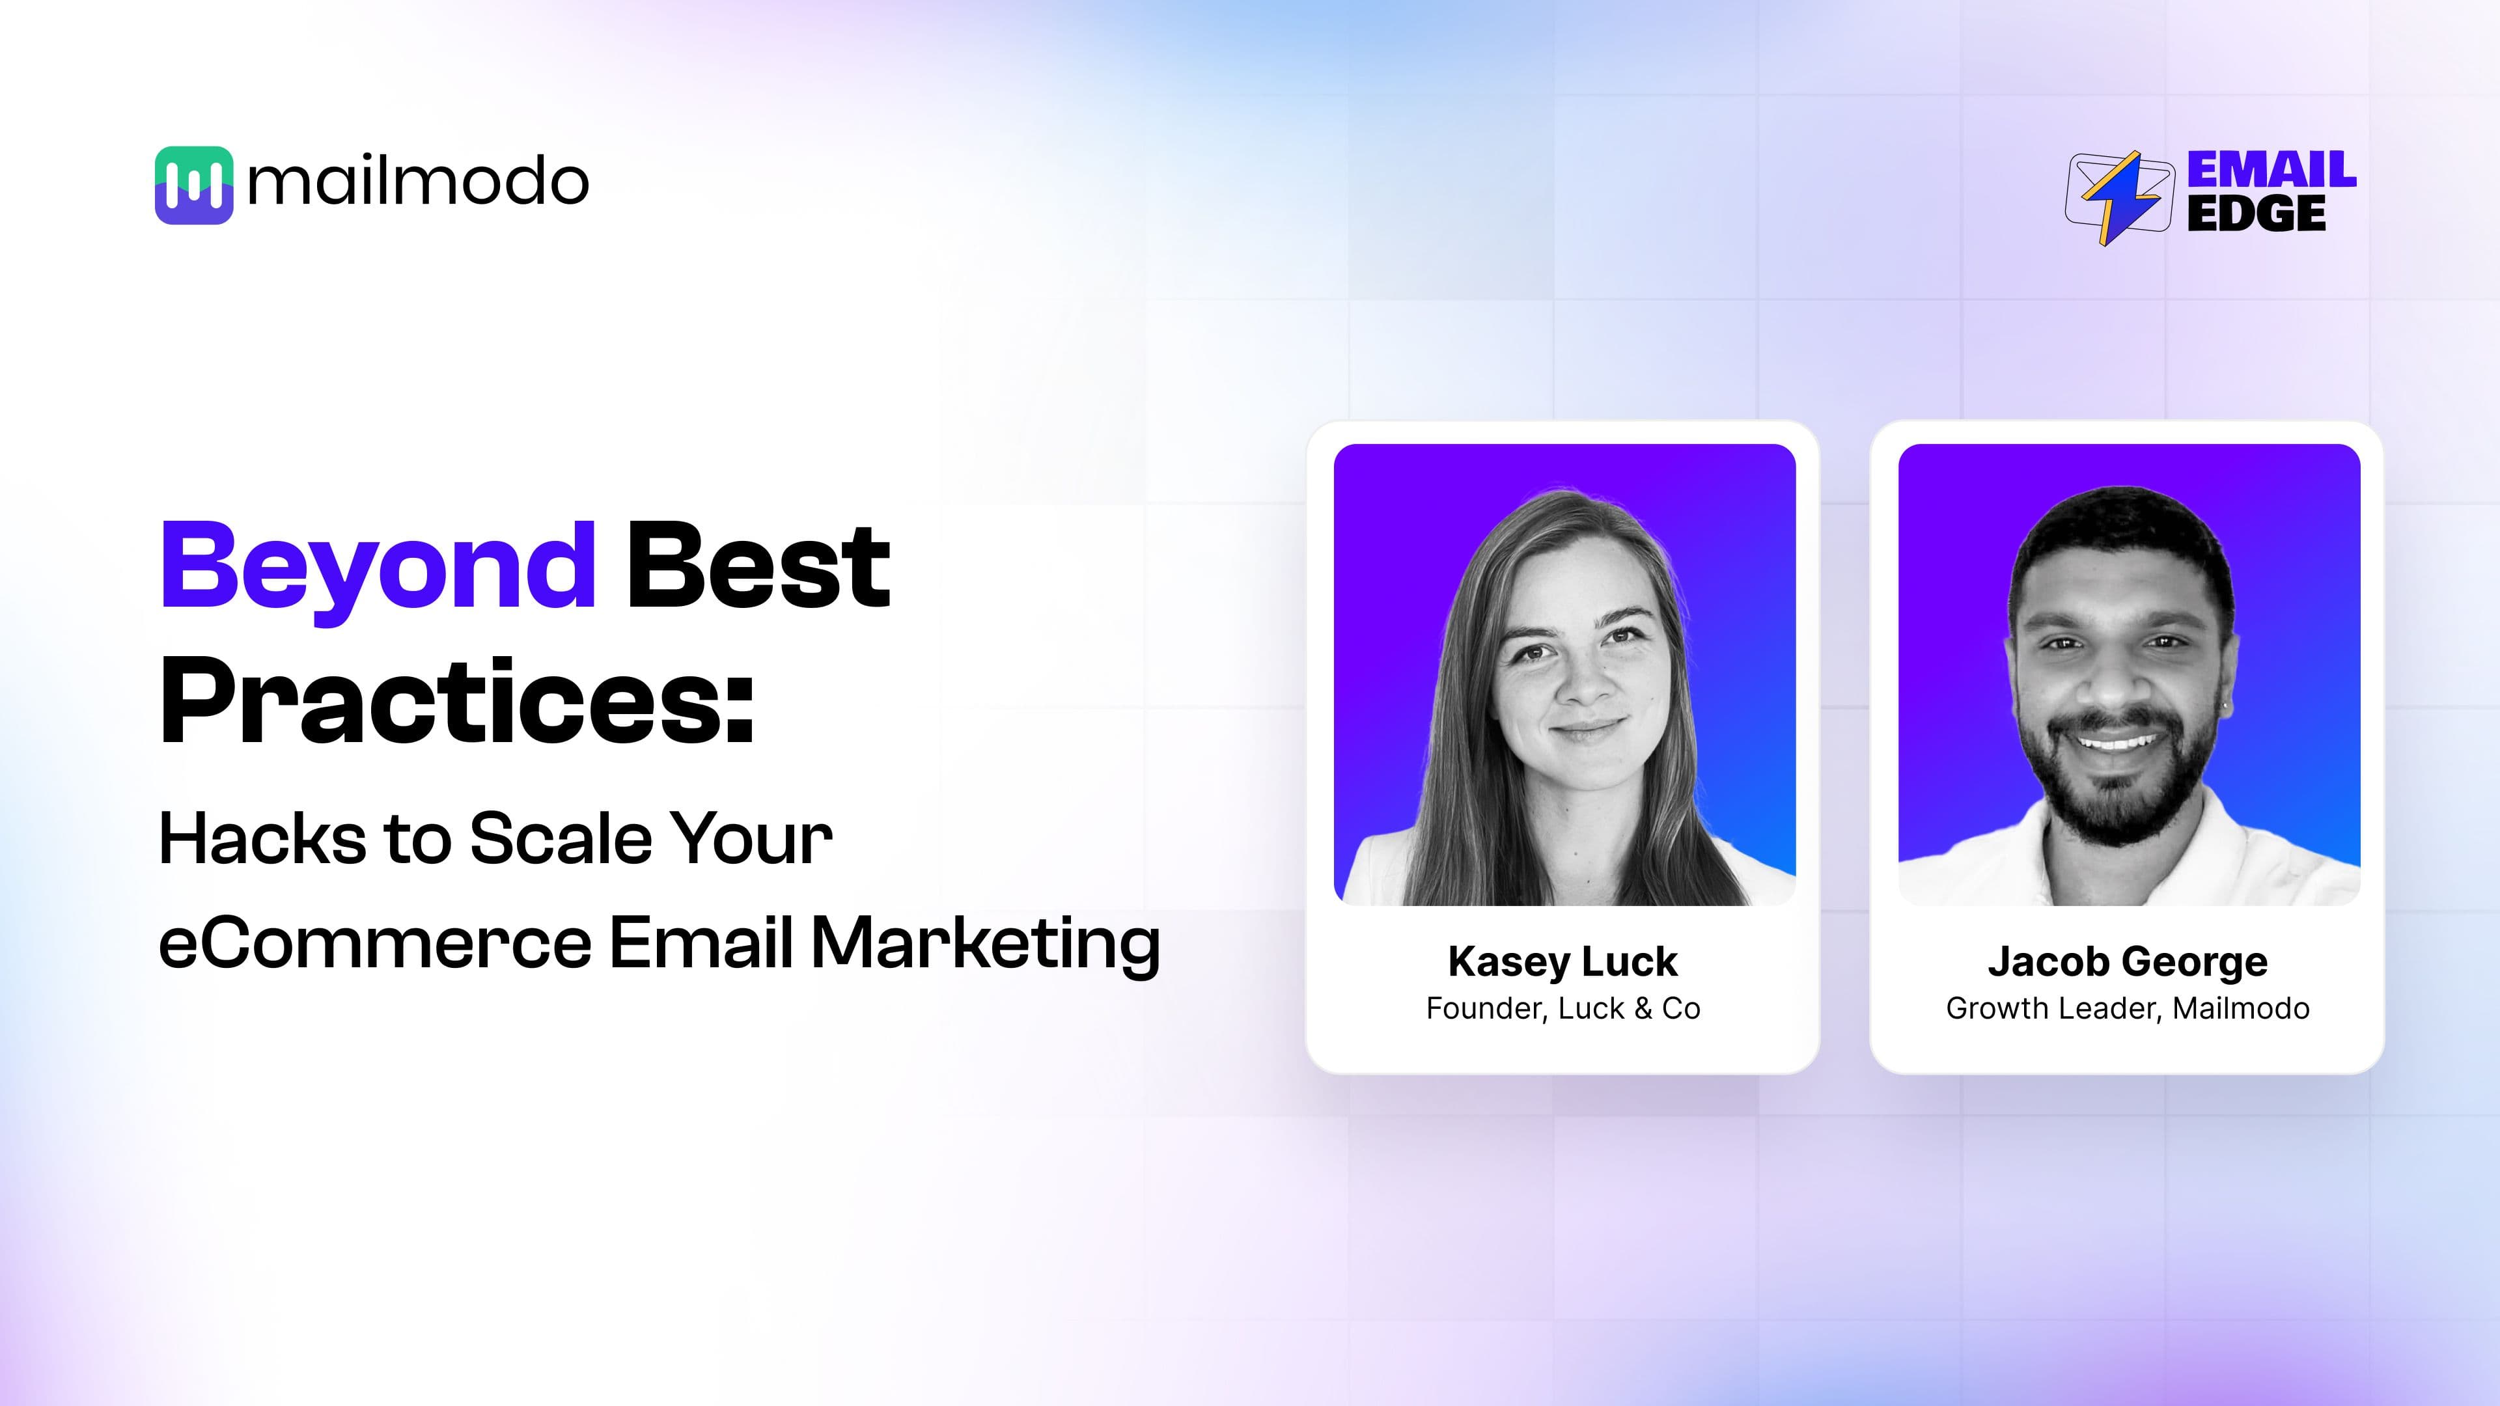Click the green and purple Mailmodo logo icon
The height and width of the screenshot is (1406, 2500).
pyautogui.click(x=194, y=186)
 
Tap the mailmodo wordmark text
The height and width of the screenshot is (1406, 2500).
pyautogui.click(x=418, y=182)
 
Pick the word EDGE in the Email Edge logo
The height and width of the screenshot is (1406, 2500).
pyautogui.click(x=2257, y=214)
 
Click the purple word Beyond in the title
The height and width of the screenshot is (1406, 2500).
pyautogui.click(x=378, y=567)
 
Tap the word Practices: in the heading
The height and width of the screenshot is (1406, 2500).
pyautogui.click(x=457, y=700)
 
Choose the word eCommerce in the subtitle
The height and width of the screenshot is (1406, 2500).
pyautogui.click(x=374, y=943)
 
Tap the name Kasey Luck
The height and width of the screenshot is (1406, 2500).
pyautogui.click(x=1562, y=961)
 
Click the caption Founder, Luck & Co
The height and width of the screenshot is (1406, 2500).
pyautogui.click(x=1562, y=1008)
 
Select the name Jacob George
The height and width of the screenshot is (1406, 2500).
pyautogui.click(x=2128, y=961)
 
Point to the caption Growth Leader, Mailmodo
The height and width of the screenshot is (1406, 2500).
pyautogui.click(x=2128, y=1008)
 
